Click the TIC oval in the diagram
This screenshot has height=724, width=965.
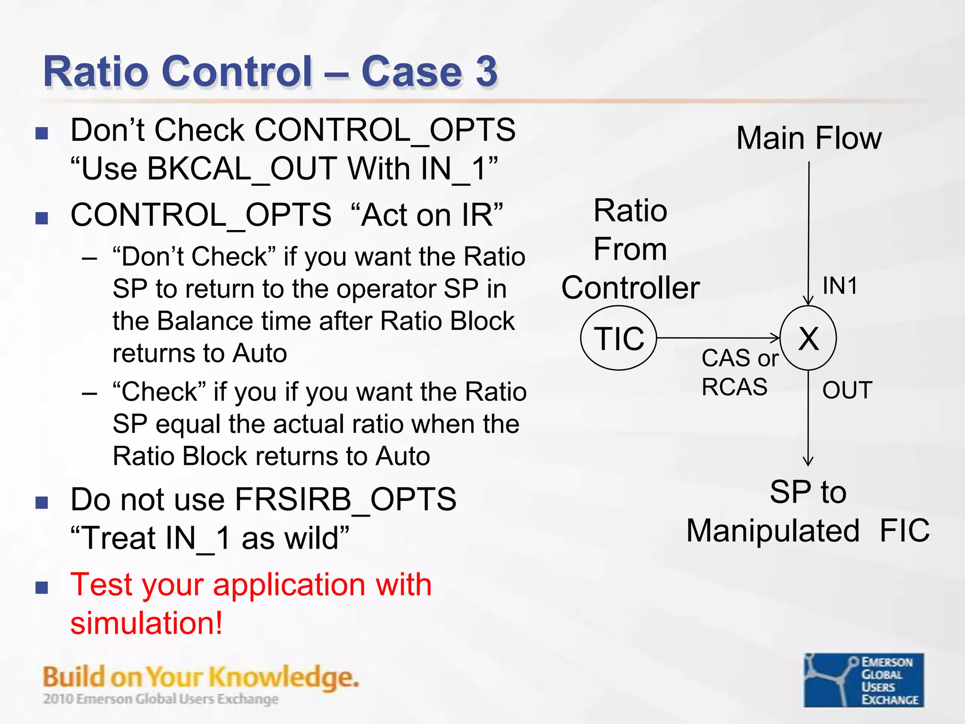click(619, 338)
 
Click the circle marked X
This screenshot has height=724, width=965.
click(809, 338)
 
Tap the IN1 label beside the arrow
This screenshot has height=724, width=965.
click(840, 286)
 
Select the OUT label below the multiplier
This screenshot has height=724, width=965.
click(847, 390)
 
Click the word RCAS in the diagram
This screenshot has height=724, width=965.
click(734, 387)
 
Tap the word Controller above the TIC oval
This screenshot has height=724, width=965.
click(630, 288)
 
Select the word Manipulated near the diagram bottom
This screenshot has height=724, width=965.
click(773, 531)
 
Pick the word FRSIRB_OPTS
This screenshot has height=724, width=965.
click(345, 499)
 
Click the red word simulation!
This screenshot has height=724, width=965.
click(147, 623)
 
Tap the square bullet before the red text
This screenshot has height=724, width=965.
click(42, 587)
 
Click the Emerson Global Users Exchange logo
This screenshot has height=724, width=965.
click(864, 680)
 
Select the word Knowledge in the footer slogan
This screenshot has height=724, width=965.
click(283, 677)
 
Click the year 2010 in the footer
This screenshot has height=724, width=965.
click(58, 699)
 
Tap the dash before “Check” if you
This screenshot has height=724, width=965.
click(90, 393)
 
